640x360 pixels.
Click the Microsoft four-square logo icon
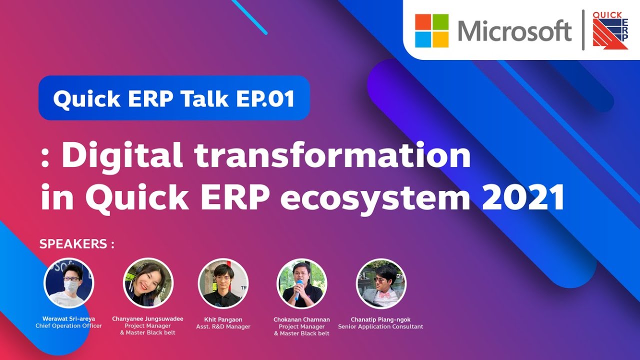pyautogui.click(x=431, y=30)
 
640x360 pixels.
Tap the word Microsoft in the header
pyautogui.click(x=514, y=31)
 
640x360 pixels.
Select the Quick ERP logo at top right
pyautogui.click(x=610, y=30)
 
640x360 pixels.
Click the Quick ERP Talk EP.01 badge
pyautogui.click(x=174, y=98)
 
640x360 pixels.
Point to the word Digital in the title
pyautogui.click(x=123, y=156)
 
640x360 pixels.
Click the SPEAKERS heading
pyautogui.click(x=76, y=244)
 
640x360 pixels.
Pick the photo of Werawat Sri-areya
pyautogui.click(x=68, y=283)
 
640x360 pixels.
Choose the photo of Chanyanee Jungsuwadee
pyautogui.click(x=148, y=283)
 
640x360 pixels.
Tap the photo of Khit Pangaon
pyautogui.click(x=223, y=283)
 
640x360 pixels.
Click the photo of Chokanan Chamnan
pyautogui.click(x=301, y=283)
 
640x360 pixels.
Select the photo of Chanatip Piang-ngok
pyautogui.click(x=381, y=283)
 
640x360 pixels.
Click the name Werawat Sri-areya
pyautogui.click(x=68, y=318)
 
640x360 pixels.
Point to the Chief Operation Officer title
pyautogui.click(x=68, y=326)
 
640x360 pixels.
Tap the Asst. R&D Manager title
pyautogui.click(x=223, y=326)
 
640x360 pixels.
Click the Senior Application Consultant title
pyautogui.click(x=380, y=326)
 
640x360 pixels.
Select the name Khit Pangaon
pyautogui.click(x=223, y=319)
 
